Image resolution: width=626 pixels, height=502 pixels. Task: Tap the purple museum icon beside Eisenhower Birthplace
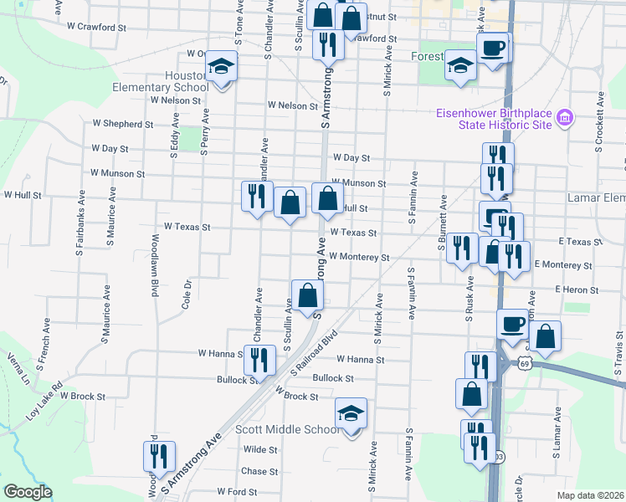565,118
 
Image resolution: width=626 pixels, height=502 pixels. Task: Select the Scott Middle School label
287,429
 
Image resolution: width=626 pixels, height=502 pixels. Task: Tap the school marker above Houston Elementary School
221,66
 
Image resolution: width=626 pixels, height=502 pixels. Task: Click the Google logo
28,492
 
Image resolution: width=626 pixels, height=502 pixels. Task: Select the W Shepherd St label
122,124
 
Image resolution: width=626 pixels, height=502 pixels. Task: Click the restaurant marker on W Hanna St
259,360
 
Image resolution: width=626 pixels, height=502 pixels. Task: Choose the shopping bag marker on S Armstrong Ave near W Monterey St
308,295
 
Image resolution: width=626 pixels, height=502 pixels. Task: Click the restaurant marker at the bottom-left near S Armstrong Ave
155,456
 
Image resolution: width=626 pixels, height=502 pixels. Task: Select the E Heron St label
577,289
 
